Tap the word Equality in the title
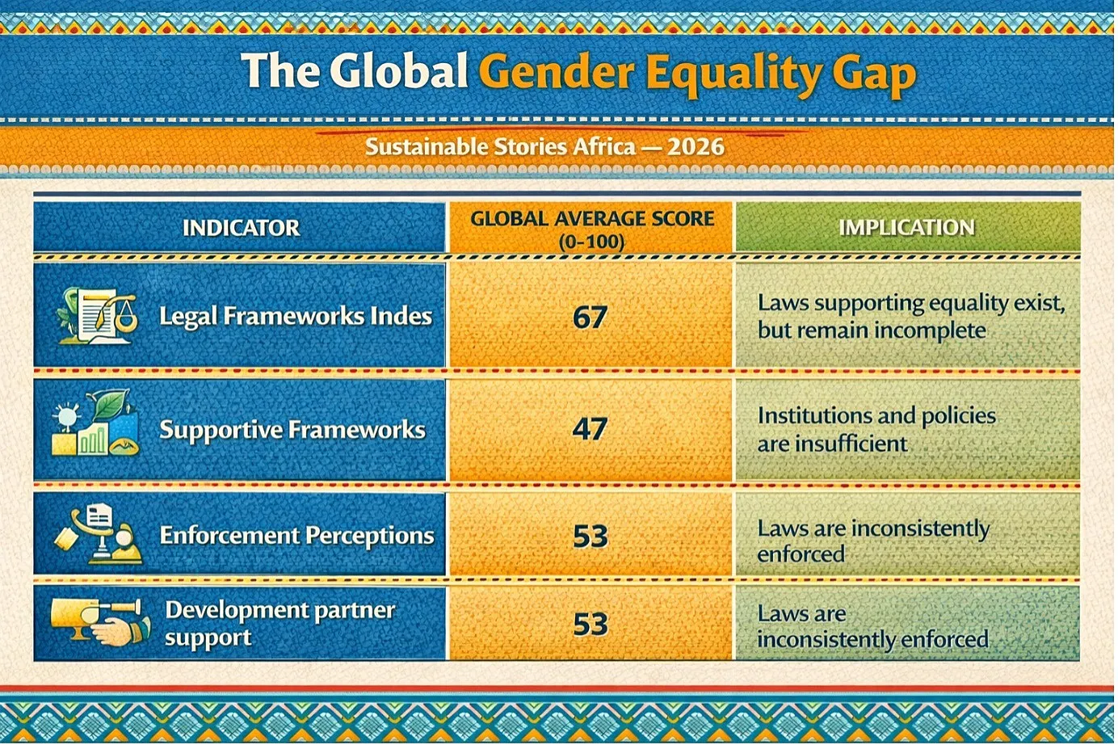[735, 75]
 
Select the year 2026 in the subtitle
[696, 147]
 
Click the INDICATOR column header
[241, 228]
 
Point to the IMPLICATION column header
[906, 228]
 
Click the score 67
[590, 317]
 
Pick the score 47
[590, 429]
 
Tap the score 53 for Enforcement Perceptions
[591, 536]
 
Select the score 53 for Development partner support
[591, 624]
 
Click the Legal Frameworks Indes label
[296, 317]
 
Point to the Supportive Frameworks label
[292, 430]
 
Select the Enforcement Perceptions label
[297, 536]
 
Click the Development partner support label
[280, 624]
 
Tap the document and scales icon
[97, 316]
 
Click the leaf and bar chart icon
[95, 424]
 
